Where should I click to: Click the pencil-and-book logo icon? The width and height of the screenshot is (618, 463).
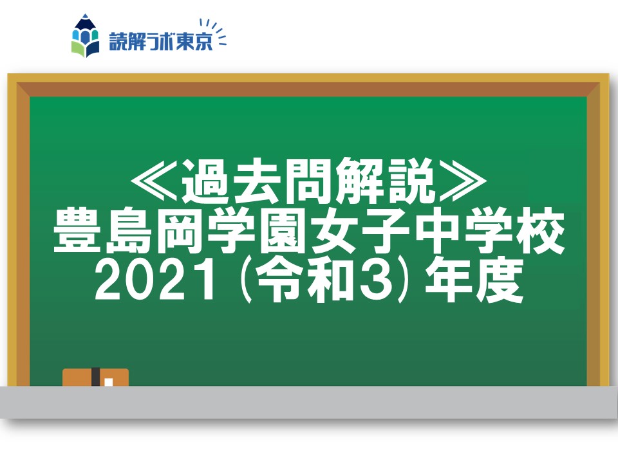click(85, 36)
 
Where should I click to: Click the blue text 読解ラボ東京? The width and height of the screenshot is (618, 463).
click(161, 42)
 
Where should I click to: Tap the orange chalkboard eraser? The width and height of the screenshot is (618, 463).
click(95, 377)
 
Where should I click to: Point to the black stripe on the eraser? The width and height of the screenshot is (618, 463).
click(95, 377)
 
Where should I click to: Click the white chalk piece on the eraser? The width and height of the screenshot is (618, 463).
click(109, 382)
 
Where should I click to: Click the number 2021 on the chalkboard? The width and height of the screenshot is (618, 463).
click(156, 281)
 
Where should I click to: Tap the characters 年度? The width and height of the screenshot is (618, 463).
click(474, 280)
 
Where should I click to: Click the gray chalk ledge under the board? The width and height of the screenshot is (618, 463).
click(309, 402)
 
